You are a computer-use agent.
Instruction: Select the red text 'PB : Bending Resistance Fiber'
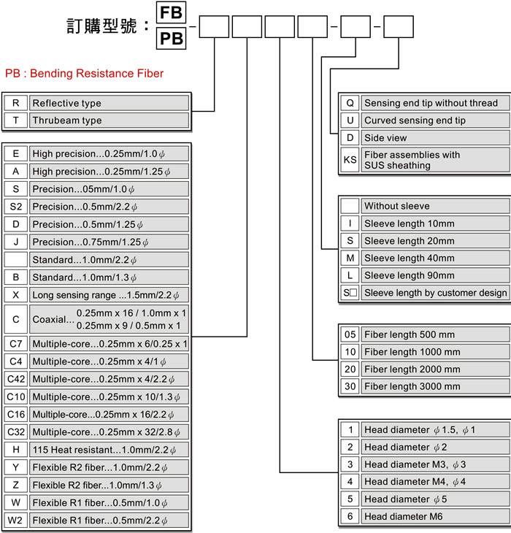click(x=84, y=73)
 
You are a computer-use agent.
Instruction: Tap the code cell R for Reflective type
click(x=15, y=103)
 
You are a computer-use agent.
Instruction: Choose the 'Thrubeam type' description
click(x=109, y=120)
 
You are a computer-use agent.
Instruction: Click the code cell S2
click(x=15, y=207)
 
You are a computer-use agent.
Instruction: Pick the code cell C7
click(x=15, y=343)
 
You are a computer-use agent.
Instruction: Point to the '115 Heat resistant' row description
click(x=109, y=449)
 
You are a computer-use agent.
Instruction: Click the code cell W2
click(x=15, y=520)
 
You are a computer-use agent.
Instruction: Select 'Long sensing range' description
click(x=109, y=295)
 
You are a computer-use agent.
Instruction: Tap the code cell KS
click(x=350, y=160)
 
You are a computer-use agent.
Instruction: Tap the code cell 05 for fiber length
click(x=350, y=334)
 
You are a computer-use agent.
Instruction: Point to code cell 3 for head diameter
click(x=350, y=464)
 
